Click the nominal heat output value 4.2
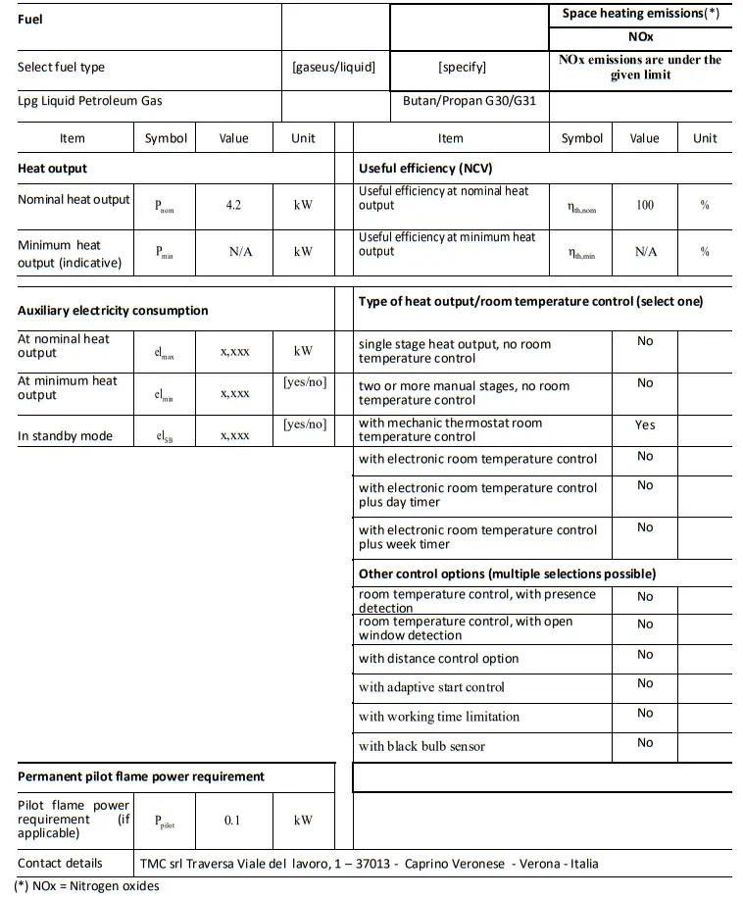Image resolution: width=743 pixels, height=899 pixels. click(x=233, y=206)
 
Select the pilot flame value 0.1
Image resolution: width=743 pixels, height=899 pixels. click(x=232, y=821)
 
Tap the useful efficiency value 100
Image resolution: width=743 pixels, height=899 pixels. click(x=644, y=206)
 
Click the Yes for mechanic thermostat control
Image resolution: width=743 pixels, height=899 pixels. click(x=645, y=425)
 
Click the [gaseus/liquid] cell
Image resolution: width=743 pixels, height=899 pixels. click(x=333, y=68)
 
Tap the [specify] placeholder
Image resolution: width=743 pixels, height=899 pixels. click(x=462, y=68)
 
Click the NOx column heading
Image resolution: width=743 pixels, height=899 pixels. click(x=641, y=36)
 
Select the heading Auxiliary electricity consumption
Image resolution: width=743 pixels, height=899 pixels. click(x=113, y=311)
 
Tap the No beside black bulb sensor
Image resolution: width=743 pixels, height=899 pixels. click(x=645, y=743)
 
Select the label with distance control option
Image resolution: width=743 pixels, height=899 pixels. click(x=438, y=659)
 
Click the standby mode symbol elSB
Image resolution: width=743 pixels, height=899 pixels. click(x=165, y=436)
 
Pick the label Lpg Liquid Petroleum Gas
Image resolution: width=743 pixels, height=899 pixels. click(x=90, y=101)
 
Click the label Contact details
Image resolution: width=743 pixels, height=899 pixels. click(x=60, y=864)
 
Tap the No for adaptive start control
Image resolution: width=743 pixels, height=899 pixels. click(x=645, y=683)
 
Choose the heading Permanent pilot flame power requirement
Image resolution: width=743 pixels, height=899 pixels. click(x=141, y=776)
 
